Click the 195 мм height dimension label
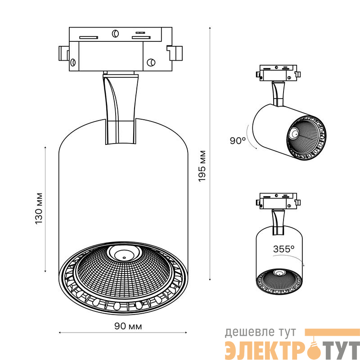point(202,166)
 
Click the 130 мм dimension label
point(39,209)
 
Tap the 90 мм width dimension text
point(128,326)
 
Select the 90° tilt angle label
point(238,140)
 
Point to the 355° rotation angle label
point(284,249)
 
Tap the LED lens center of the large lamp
point(124,254)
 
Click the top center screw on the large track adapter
point(115,33)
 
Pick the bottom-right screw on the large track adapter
point(151,62)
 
